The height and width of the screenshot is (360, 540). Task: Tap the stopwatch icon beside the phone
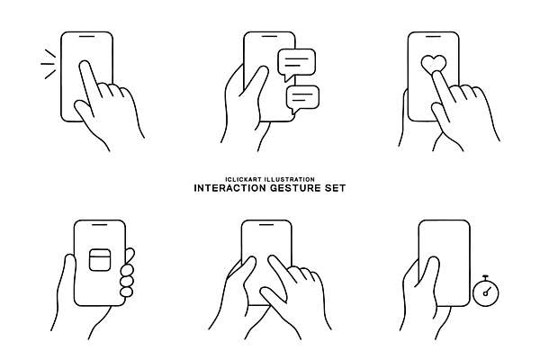tap(486, 290)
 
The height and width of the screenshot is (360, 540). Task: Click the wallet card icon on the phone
tap(100, 259)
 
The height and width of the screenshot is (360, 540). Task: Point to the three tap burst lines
tap(49, 64)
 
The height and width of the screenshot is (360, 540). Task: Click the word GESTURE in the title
tap(295, 188)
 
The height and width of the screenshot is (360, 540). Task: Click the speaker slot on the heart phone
tap(434, 36)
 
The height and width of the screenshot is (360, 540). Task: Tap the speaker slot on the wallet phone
tap(100, 225)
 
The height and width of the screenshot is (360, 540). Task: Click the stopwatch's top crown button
tap(486, 276)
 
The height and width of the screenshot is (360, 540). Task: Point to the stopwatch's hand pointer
tap(487, 292)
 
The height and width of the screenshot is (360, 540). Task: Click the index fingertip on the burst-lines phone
tap(85, 65)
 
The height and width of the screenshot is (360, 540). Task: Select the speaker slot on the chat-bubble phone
tap(269, 36)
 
